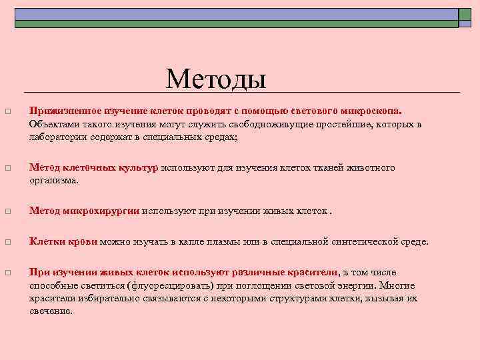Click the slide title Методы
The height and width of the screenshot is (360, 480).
pos(216,79)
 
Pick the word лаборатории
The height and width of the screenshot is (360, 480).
pos(58,137)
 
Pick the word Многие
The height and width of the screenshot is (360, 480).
pos(399,285)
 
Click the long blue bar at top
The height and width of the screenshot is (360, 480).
pos(236,14)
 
